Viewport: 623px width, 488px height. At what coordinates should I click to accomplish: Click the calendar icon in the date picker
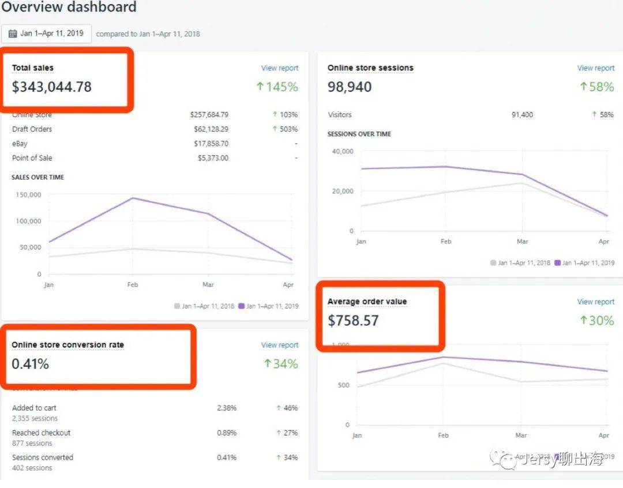(x=13, y=33)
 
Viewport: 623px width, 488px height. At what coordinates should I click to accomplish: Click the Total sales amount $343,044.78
(x=52, y=87)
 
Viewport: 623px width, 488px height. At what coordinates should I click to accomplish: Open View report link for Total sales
(x=280, y=68)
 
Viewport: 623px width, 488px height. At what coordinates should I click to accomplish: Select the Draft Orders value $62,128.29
(x=209, y=129)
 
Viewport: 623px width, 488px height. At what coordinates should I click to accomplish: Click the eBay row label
(x=20, y=144)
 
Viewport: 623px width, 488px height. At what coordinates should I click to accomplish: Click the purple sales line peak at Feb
(x=133, y=198)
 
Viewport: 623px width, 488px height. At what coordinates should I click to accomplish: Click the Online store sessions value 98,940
(x=350, y=87)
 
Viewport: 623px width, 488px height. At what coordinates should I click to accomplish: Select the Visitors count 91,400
(x=522, y=115)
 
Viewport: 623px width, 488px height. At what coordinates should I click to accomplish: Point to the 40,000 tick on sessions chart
(x=342, y=152)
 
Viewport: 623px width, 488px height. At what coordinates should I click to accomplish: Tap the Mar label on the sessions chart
(x=522, y=242)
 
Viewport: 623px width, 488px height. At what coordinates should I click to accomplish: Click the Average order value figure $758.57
(x=353, y=321)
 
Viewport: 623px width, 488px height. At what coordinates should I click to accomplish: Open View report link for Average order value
(x=595, y=302)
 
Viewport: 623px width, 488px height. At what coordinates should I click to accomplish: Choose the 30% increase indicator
(x=597, y=321)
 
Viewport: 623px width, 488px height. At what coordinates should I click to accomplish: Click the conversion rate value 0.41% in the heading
(x=30, y=364)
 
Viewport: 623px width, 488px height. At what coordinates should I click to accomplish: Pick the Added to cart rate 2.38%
(x=227, y=408)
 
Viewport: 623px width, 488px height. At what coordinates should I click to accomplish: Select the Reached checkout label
(x=41, y=433)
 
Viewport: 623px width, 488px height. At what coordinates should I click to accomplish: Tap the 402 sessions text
(x=32, y=468)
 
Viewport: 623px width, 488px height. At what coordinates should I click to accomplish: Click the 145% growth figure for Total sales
(x=277, y=87)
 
